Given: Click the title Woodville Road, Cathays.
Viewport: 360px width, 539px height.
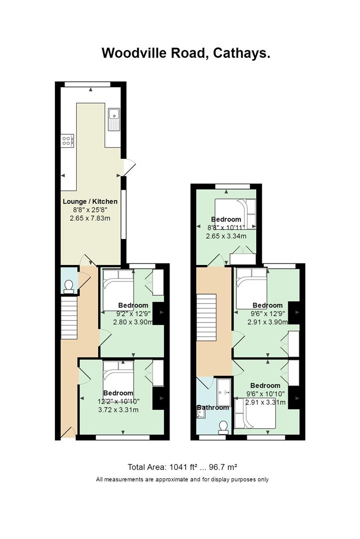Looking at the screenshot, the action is coord(186,53).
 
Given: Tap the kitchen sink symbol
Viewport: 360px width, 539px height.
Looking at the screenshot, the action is coord(114,119).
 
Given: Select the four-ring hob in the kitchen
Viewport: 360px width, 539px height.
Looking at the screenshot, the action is coord(67,140).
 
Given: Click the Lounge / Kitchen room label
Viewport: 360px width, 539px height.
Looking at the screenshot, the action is coord(90,202).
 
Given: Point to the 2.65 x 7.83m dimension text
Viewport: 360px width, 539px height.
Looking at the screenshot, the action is coord(90,218).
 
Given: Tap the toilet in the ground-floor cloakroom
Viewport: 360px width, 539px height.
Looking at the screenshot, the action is coord(69,287).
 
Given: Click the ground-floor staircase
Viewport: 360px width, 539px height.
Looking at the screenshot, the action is coord(69,318).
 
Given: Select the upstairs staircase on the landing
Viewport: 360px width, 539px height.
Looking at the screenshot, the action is coord(206,315).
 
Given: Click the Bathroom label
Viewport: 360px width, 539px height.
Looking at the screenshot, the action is coord(212,407).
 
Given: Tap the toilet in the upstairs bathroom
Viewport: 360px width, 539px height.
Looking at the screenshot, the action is coord(223,427).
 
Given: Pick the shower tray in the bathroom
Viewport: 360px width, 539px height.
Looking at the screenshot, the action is coord(224,392).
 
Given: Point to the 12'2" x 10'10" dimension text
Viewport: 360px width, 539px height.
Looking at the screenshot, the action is coord(119,401).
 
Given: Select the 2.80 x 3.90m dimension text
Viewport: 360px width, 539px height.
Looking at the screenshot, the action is coord(133,322).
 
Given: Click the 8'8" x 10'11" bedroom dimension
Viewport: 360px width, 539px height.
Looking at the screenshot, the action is coord(226,228).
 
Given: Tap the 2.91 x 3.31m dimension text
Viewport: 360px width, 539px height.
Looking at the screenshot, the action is coord(266,402).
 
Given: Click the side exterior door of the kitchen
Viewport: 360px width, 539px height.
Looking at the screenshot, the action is coord(129,167).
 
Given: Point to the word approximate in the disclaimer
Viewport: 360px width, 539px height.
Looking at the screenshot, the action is coord(172,480).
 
